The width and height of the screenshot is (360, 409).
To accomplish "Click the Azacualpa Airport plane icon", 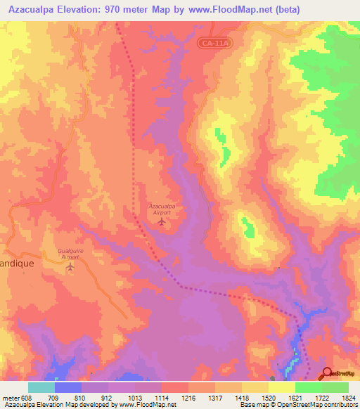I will coord(162,223).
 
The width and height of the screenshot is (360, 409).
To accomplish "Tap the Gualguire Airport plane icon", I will coord(70,268).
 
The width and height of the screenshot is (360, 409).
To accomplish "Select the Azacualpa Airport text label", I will coord(162,209).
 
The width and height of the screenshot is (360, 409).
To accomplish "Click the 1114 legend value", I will coord(162,397).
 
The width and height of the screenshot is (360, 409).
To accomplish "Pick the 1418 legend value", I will coord(242,397).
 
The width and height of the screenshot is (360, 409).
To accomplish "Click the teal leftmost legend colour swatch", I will coord(41,387).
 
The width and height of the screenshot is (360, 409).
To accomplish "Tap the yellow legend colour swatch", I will coord(281,387).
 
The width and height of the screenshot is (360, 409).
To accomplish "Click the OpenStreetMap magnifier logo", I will coord(328,373).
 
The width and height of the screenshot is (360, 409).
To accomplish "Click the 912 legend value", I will coord(108,397).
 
